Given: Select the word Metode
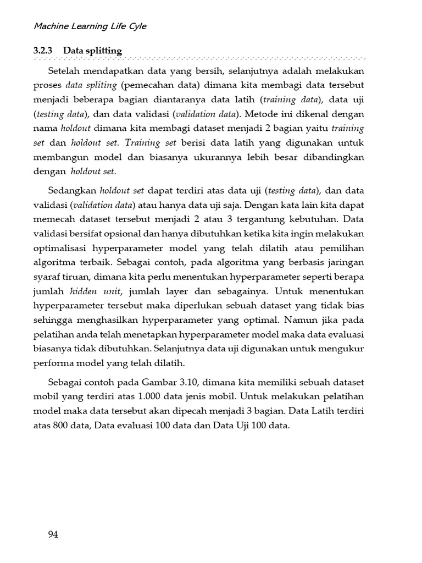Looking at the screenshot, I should click(x=262, y=114).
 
